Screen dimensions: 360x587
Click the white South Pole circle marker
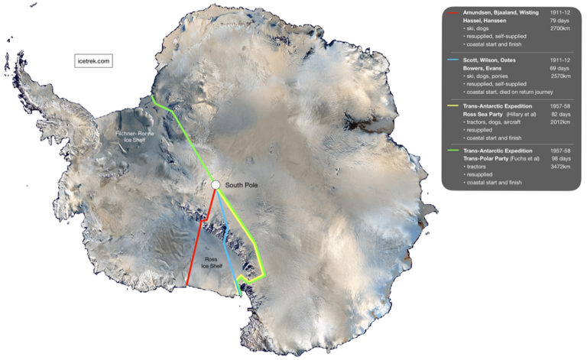pos(216,184)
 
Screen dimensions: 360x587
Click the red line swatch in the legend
pos(454,13)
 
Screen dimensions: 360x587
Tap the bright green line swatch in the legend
pos(454,151)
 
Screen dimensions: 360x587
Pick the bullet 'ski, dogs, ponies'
pos(488,77)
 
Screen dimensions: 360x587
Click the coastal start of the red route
pos(187,287)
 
